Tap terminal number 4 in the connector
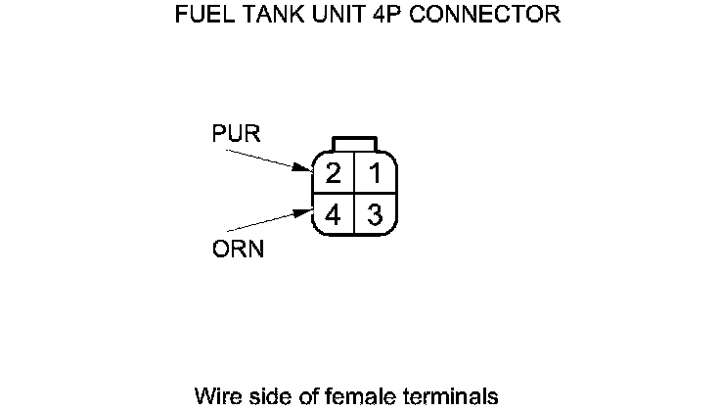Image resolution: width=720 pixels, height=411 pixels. click(334, 215)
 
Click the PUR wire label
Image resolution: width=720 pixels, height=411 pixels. click(236, 133)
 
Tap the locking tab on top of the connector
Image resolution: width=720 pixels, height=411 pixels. click(353, 143)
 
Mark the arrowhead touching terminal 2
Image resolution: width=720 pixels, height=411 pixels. click(302, 168)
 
